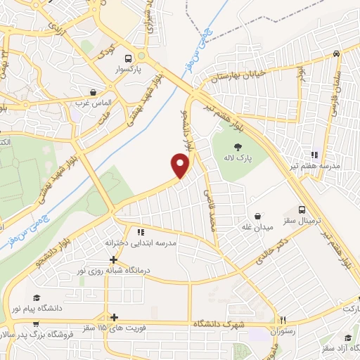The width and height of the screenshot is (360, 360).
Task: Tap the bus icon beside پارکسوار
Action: [x=127, y=59]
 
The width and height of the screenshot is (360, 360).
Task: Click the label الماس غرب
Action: [x=93, y=103]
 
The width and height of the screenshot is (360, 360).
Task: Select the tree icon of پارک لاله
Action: [x=238, y=147]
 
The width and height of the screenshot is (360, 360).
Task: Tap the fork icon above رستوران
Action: [x=283, y=318]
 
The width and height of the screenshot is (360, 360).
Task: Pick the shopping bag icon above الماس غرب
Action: [x=93, y=92]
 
